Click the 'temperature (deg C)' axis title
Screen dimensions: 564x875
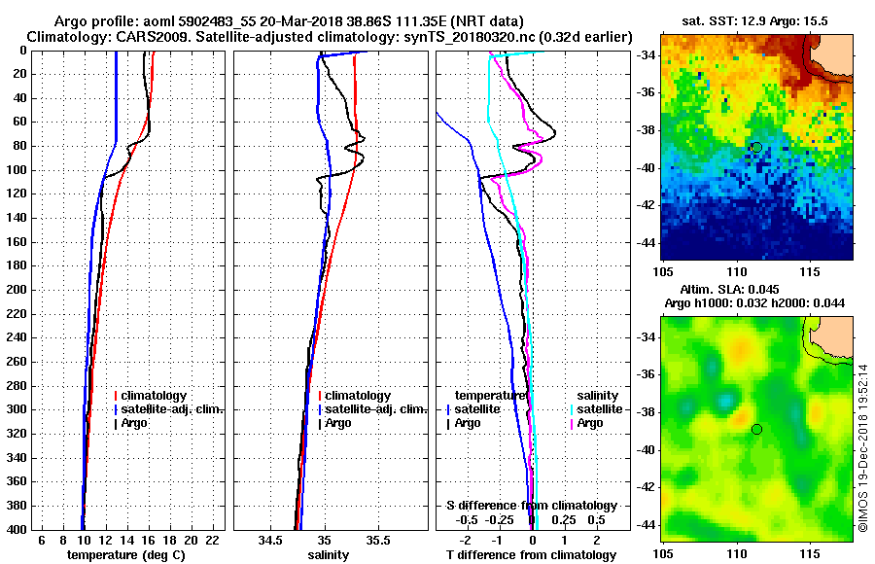(x=125, y=554)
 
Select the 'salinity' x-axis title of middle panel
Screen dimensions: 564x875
(x=328, y=554)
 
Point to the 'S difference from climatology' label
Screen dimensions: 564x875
(x=531, y=506)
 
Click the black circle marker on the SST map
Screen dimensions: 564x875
(x=756, y=147)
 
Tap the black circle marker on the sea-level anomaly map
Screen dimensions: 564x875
(x=756, y=429)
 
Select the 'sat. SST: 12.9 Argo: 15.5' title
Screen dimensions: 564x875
(x=756, y=20)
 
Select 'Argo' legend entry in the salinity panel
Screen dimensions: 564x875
(x=338, y=423)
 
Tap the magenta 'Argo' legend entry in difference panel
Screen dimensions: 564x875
(x=590, y=423)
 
